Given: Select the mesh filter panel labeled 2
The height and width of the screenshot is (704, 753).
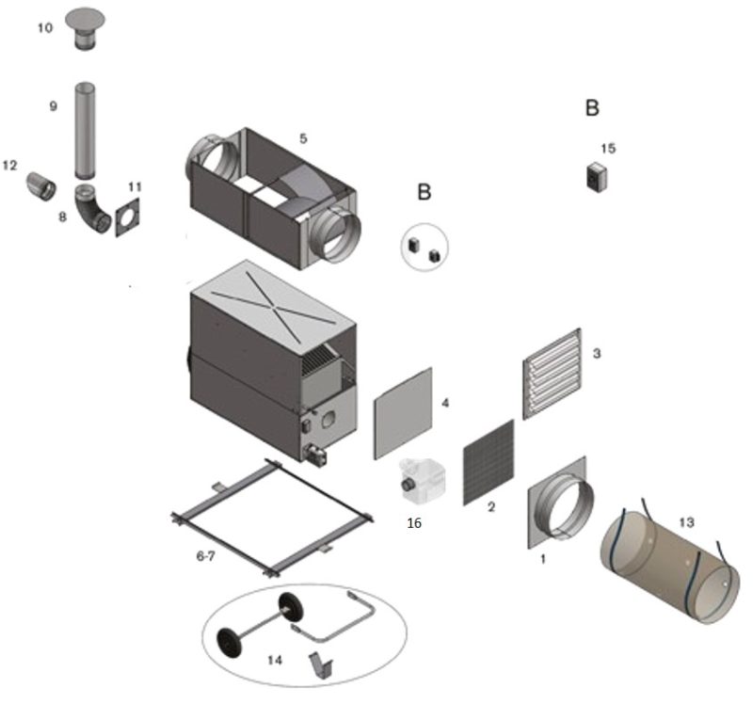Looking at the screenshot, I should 489,462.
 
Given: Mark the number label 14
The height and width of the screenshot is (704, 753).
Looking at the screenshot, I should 274,660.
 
